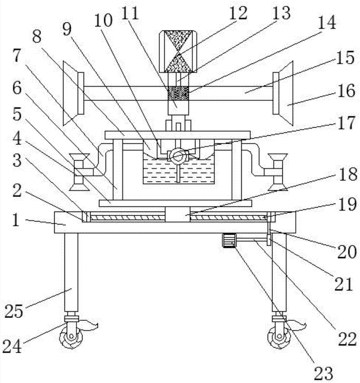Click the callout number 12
point(238,14)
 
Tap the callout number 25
point(14,311)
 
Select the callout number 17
point(345,123)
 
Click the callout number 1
point(15,220)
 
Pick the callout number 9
point(67,29)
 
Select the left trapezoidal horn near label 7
point(73,93)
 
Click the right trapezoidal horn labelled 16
point(283,93)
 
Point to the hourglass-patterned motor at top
point(178,51)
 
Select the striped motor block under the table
point(229,241)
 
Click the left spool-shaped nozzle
point(79,172)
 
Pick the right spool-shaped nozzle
point(278,172)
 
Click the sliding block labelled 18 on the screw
point(178,214)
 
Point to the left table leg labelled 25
point(71,272)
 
